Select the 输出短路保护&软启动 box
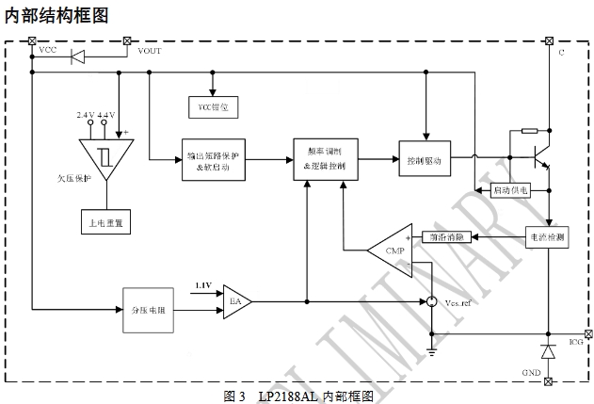click(213, 160)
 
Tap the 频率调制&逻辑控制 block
click(326, 159)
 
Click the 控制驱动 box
click(424, 160)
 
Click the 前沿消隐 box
click(448, 237)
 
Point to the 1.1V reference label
click(203, 284)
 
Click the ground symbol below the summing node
click(430, 350)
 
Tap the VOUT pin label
click(150, 51)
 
